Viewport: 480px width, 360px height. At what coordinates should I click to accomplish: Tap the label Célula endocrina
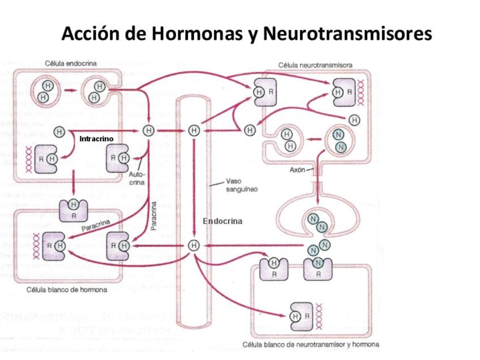pos(70,63)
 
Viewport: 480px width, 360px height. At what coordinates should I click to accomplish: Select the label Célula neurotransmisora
pos(315,65)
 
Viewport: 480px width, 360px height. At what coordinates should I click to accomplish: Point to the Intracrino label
pos(96,139)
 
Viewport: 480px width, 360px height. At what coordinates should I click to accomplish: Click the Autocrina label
pos(137,178)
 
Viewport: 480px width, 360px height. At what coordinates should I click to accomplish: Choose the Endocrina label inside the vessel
pos(222,221)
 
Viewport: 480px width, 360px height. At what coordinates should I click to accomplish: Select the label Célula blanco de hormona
pos(66,289)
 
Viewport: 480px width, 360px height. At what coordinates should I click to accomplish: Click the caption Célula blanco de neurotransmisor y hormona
pos(311,344)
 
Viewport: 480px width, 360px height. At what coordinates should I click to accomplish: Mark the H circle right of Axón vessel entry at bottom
pos(194,245)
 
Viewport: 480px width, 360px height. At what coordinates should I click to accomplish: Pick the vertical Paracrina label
pos(154,216)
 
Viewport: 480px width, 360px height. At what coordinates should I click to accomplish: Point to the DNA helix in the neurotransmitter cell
pos(361,91)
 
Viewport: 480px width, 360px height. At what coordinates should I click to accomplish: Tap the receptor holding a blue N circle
pos(318,268)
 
